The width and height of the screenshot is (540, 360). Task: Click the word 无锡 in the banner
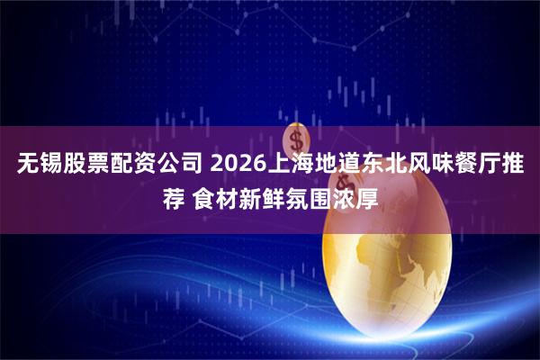pyautogui.click(x=38, y=166)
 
